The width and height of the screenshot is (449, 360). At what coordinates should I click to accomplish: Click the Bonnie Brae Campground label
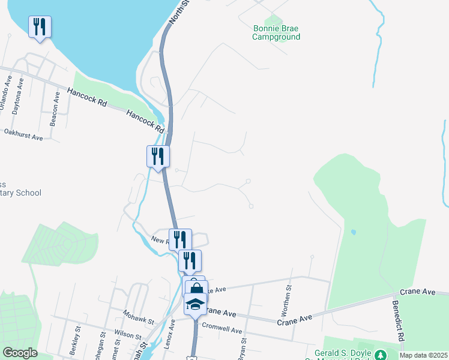click(276, 32)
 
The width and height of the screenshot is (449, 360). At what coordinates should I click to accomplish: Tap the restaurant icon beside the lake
click(40, 27)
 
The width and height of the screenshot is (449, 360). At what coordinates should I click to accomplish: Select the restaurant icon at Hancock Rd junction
click(158, 157)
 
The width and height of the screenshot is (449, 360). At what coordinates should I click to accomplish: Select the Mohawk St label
click(139, 313)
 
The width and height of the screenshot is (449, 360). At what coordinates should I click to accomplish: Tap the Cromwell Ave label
click(222, 330)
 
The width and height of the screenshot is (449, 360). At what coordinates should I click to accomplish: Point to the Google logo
click(20, 353)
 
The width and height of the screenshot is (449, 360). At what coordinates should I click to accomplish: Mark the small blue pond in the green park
click(353, 232)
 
